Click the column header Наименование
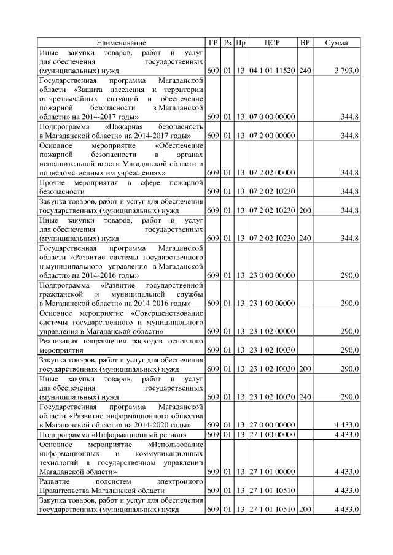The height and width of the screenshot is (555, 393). click(121, 42)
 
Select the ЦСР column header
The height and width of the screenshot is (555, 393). click(272, 42)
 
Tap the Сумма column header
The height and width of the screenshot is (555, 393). click(337, 42)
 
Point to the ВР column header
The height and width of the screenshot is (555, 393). click(305, 42)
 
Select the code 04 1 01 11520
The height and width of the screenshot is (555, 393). click(272, 71)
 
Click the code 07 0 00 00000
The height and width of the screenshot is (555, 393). click(272, 116)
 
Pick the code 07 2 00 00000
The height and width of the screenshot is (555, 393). click(272, 135)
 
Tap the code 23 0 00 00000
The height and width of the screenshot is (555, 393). click(272, 276)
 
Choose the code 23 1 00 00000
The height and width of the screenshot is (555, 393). click(272, 303)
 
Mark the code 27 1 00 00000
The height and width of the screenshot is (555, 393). click(272, 435)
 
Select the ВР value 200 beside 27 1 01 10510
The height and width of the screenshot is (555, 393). click(305, 510)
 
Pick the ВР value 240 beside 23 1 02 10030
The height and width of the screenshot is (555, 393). click(305, 397)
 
